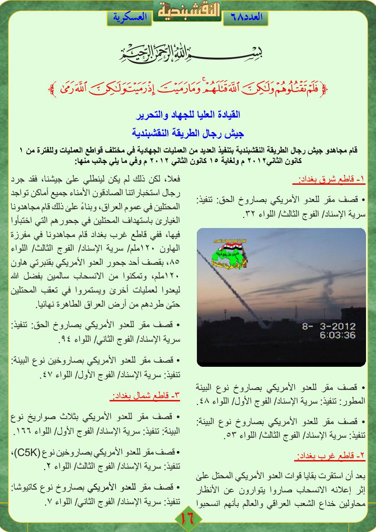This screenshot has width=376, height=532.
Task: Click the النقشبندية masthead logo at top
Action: click(x=188, y=10)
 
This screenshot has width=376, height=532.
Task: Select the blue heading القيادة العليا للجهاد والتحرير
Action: click(x=188, y=113)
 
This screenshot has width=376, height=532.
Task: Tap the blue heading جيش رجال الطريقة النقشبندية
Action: click(x=188, y=133)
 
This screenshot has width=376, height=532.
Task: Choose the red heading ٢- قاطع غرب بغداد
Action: click(x=331, y=456)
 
